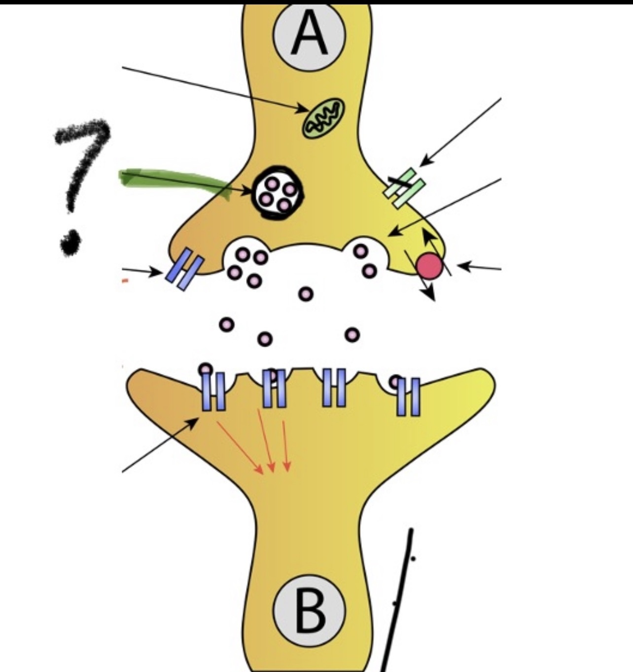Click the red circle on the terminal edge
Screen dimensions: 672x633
pos(429,266)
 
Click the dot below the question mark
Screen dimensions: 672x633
pos(70,242)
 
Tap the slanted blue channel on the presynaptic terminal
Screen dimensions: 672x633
pos(184,269)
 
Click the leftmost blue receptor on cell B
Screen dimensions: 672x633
pos(213,391)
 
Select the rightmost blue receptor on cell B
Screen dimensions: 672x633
pos(409,396)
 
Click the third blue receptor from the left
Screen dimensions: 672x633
pos(334,388)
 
